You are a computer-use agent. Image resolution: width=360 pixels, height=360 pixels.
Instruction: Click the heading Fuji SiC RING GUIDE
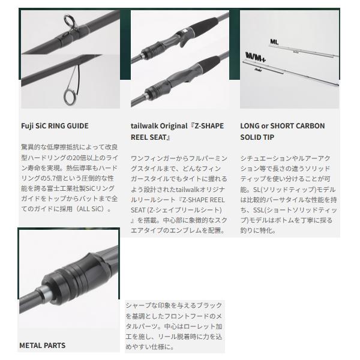click(54, 126)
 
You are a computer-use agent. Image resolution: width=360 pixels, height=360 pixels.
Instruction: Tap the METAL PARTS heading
click(42, 346)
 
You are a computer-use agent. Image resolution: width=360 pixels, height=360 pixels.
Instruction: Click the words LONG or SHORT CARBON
click(283, 126)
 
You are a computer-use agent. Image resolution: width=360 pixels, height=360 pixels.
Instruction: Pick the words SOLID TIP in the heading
click(258, 137)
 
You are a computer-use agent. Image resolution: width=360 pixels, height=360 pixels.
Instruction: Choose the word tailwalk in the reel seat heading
click(144, 126)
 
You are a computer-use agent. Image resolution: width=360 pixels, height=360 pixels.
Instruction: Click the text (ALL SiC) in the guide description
click(94, 209)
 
